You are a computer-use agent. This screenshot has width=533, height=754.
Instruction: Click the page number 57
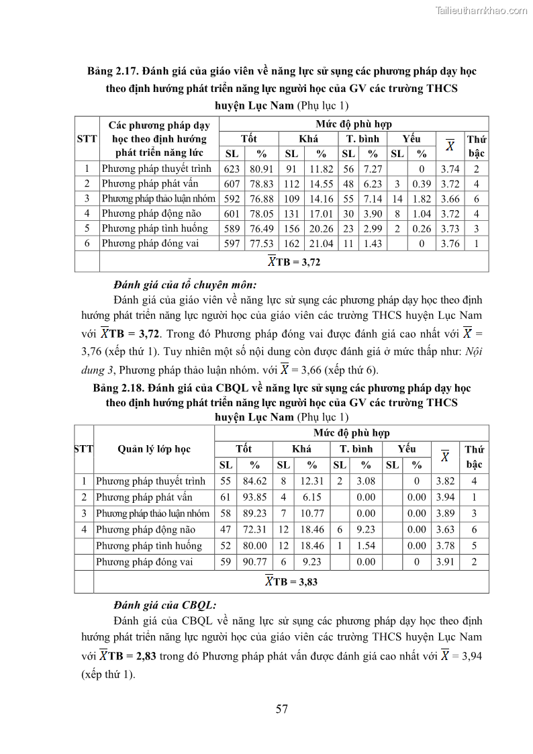pos(282,709)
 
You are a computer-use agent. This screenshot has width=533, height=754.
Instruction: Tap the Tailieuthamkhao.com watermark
pos(481,10)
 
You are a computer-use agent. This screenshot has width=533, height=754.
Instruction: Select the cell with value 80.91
pos(261,169)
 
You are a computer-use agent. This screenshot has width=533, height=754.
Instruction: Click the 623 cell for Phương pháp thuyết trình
pos(232,169)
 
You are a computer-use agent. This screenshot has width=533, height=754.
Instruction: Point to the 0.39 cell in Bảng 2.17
pos(422,184)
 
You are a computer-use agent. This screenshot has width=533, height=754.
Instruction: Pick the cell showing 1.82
pos(422,199)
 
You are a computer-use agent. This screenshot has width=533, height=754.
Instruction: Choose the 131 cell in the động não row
pos(291,214)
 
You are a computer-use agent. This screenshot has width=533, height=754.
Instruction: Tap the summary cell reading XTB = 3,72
pos(294,262)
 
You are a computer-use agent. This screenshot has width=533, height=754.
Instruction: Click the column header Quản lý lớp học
pos(154,449)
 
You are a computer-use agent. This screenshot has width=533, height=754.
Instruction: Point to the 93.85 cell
pos(255,498)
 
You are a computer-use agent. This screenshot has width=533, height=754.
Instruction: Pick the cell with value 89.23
pos(255,514)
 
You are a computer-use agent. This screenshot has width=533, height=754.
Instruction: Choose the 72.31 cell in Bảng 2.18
pos(255,530)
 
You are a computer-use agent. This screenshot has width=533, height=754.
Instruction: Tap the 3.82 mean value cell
pos(445,481)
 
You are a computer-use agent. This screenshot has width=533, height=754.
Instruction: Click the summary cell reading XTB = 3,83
pos(291,582)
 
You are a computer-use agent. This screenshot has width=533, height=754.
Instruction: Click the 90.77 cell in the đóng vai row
pos(255,562)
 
